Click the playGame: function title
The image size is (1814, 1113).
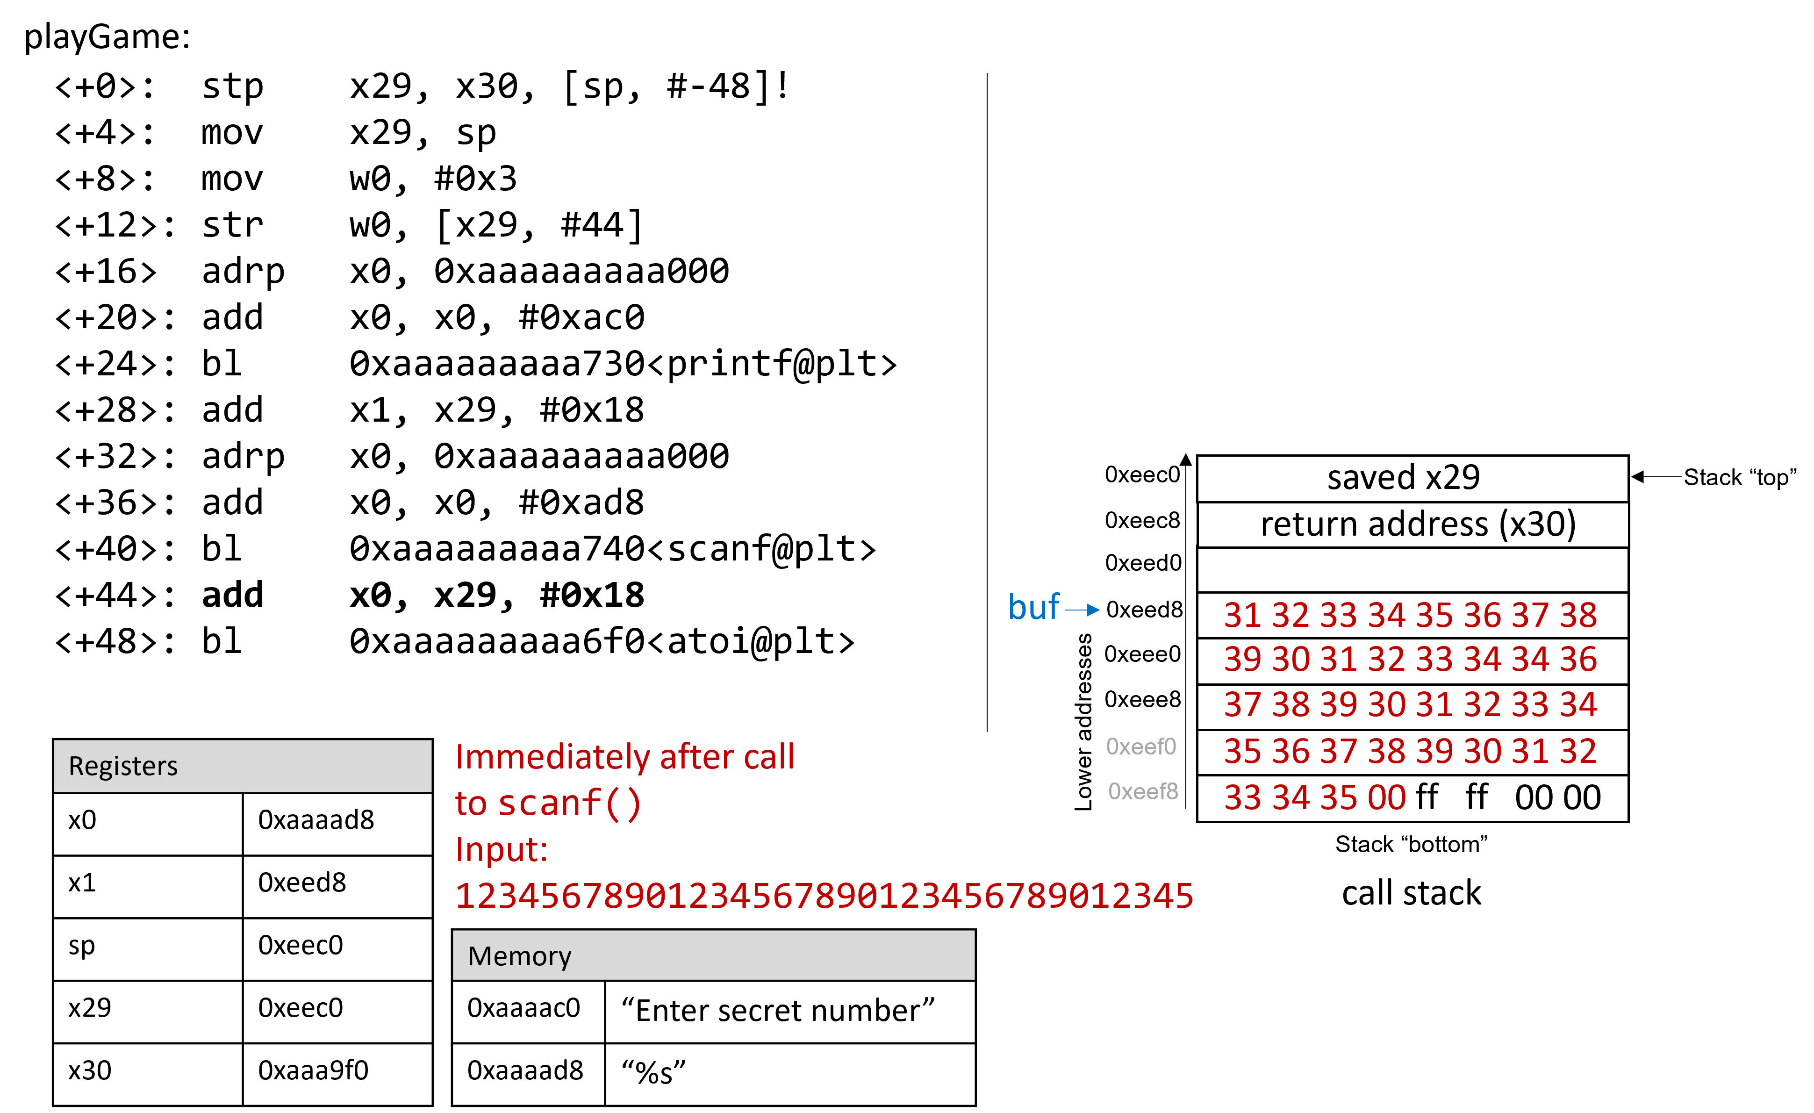pyautogui.click(x=108, y=37)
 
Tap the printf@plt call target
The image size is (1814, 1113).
pyautogui.click(x=623, y=364)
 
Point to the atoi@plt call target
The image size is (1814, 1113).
pyautogui.click(x=602, y=642)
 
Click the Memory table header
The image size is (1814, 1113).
pyautogui.click(x=713, y=955)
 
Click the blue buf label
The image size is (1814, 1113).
pyautogui.click(x=1033, y=608)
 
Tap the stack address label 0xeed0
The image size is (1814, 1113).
pyautogui.click(x=1143, y=563)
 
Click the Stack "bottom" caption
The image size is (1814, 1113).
pyautogui.click(x=1411, y=844)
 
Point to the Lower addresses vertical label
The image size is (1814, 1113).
pyautogui.click(x=1083, y=722)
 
